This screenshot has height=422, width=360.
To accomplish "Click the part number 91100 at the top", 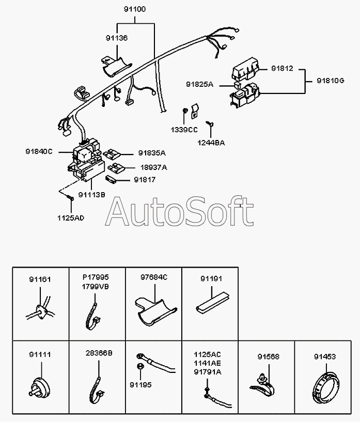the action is [135, 9].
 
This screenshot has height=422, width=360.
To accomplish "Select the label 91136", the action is [117, 38].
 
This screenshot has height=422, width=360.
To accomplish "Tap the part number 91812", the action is [282, 68].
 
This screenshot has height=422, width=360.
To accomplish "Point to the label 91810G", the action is [331, 81].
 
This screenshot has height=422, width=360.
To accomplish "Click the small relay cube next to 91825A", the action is [237, 85].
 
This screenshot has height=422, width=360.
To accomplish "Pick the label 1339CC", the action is [184, 130].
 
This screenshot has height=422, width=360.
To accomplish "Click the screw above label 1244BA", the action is [210, 123].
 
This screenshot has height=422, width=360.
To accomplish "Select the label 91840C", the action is [39, 151].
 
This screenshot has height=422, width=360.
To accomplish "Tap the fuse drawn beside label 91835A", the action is [111, 154].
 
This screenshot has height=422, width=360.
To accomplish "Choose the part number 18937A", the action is [153, 167].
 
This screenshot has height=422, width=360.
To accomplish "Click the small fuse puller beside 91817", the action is [111, 179].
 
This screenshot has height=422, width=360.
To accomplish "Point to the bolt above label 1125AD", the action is [70, 198].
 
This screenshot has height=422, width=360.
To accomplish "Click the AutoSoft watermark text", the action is [179, 211].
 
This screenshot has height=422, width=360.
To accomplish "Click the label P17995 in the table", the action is [96, 277].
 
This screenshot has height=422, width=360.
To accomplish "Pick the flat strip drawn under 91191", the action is [213, 304].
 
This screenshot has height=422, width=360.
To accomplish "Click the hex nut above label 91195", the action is [139, 367].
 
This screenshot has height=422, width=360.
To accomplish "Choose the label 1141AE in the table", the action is [207, 363].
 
